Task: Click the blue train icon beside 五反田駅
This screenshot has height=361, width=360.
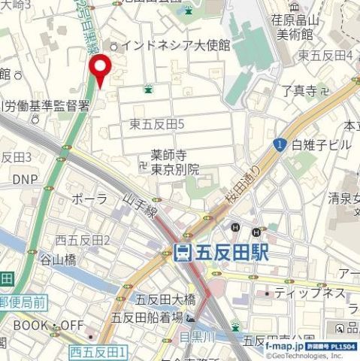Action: (182, 254)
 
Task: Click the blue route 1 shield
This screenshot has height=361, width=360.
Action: (280, 144)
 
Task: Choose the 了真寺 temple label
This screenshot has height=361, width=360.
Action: (300, 91)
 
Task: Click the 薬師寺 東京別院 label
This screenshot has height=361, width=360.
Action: (175, 163)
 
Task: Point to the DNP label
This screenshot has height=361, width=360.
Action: (25, 180)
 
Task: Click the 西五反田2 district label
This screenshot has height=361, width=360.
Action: (83, 240)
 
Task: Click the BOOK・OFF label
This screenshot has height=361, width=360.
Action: (47, 326)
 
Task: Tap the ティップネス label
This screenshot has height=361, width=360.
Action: (310, 293)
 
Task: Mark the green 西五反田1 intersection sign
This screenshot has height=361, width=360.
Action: (98, 352)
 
